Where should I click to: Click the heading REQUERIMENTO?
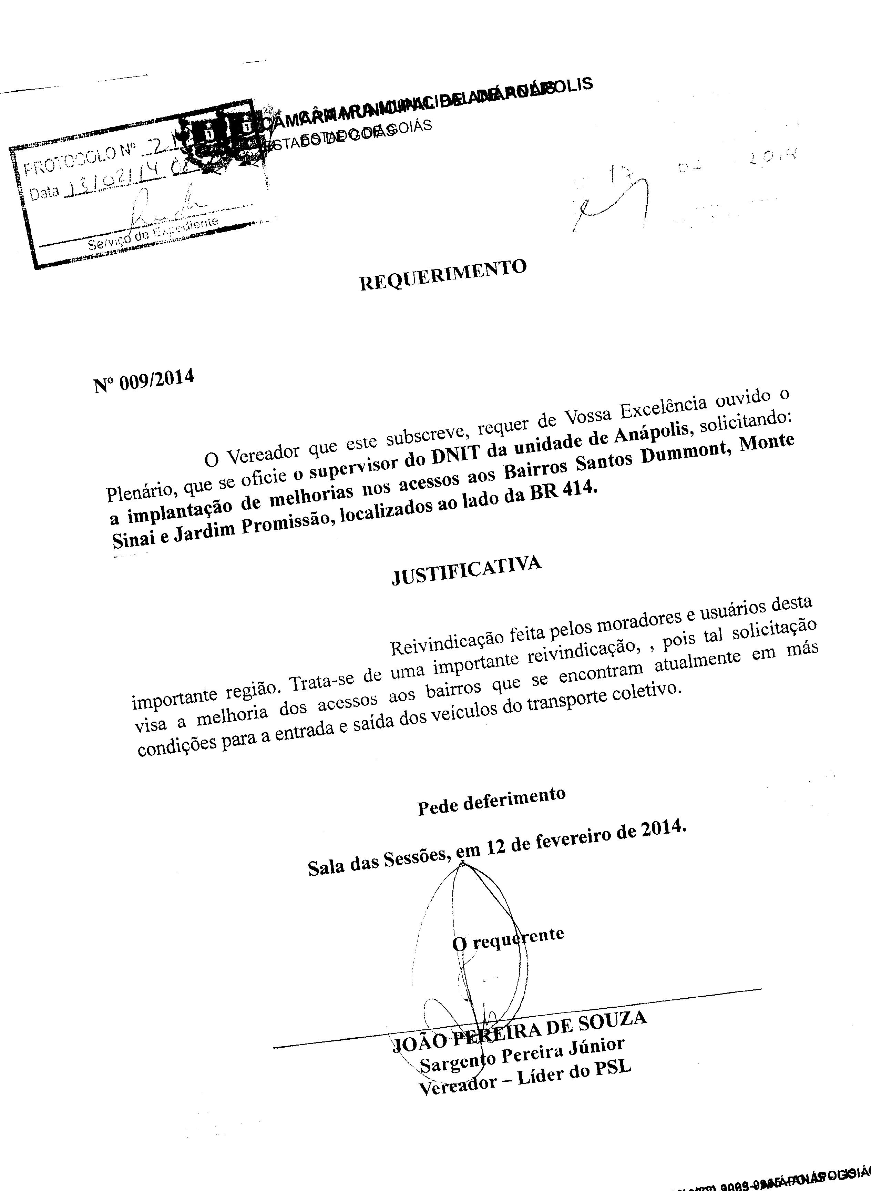[443, 275]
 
